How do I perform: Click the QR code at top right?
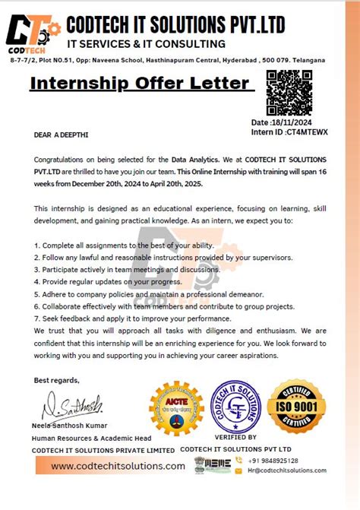pos(289,92)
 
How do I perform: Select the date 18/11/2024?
pos(292,122)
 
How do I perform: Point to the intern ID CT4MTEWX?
pos(306,131)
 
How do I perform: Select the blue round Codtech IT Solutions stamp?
pos(235,407)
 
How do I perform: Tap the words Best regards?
pos(56,379)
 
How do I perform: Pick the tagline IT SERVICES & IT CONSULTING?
pos(146,44)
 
